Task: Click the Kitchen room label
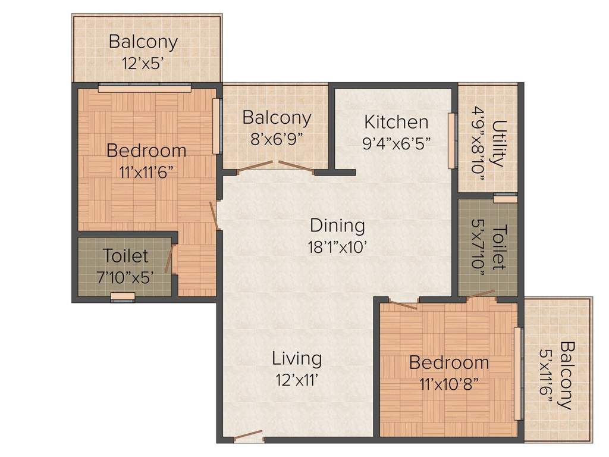(396, 122)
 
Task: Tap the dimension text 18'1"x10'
(337, 246)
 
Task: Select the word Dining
(337, 226)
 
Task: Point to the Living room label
(297, 358)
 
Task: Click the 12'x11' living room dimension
(297, 379)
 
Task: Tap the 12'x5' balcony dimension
(143, 62)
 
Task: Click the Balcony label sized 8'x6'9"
(277, 118)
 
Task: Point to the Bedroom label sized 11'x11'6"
(146, 150)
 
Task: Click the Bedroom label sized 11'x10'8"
(449, 362)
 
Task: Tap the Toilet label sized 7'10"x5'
(125, 256)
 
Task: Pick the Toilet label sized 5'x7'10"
(500, 247)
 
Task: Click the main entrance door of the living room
(248, 436)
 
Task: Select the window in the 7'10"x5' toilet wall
(123, 297)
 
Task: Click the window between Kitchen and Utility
(453, 140)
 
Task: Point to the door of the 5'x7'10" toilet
(481, 294)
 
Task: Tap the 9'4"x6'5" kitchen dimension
(396, 143)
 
